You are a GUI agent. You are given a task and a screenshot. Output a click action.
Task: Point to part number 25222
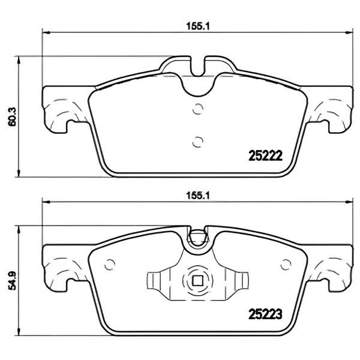point(265,155)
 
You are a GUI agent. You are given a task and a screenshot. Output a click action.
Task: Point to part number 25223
point(265,313)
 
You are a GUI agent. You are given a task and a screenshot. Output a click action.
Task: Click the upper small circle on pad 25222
point(197,109)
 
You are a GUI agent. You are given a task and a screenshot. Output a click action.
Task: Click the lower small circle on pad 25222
point(197,141)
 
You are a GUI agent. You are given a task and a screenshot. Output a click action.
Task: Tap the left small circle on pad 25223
point(109,265)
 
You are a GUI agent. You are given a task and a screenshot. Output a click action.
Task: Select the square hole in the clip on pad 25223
point(197,280)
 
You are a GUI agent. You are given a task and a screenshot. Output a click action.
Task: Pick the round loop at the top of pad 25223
point(197,241)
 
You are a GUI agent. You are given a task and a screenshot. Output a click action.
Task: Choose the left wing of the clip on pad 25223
point(157,281)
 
